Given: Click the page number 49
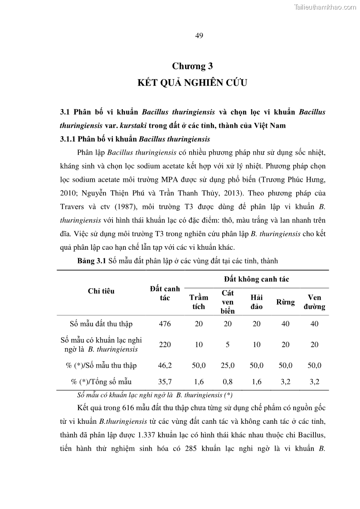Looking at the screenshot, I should tap(199, 36).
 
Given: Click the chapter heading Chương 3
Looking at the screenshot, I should tap(192, 66).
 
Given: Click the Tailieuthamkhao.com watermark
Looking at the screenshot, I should tap(326, 7).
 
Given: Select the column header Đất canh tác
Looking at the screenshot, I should tap(165, 293).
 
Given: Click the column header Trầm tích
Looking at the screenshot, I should tap(199, 302).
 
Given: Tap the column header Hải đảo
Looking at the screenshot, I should tap(257, 302).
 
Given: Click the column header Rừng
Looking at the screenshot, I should tap(286, 302).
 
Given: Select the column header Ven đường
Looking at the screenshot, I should tap(314, 302).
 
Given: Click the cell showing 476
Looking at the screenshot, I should tap(165, 324).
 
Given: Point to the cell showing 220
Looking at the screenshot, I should tap(165, 344).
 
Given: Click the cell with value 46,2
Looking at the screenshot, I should tap(165, 365).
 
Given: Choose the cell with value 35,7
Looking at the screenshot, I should tap(165, 382).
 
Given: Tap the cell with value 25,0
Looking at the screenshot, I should tap(228, 365).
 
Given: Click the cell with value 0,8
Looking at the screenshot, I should tap(228, 382).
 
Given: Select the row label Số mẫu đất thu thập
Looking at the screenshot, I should tap(101, 324).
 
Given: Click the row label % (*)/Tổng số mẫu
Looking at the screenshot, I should tap(101, 382).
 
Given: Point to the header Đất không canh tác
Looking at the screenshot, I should tap(257, 279).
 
